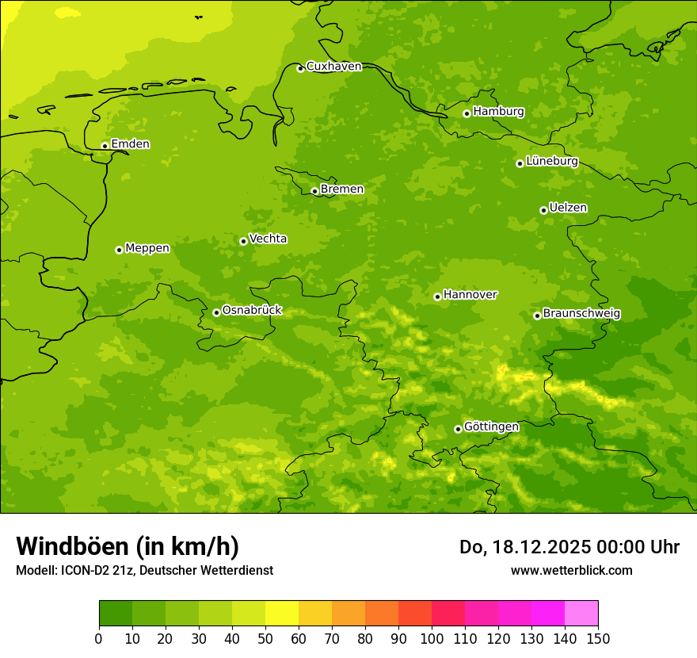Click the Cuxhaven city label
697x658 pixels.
click(x=333, y=67)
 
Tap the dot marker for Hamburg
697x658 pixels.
click(x=467, y=113)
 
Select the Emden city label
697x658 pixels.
click(x=130, y=144)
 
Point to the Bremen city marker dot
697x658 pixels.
click(x=314, y=191)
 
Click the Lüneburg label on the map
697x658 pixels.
click(x=551, y=161)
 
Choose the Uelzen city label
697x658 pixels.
click(x=568, y=208)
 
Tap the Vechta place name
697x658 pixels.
click(x=268, y=239)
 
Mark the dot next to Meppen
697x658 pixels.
click(x=119, y=250)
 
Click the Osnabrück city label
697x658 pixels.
click(x=252, y=310)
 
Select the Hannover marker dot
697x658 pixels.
click(x=437, y=296)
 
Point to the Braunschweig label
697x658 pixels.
click(x=581, y=313)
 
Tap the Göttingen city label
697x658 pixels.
click(x=491, y=427)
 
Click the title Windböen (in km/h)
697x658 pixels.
click(x=128, y=546)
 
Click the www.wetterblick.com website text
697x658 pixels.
click(x=571, y=570)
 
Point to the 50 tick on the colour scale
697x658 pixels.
click(x=265, y=638)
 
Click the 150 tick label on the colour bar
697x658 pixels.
click(x=598, y=638)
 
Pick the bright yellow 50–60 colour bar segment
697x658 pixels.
click(x=282, y=614)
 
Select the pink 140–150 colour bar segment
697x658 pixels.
click(x=581, y=614)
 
